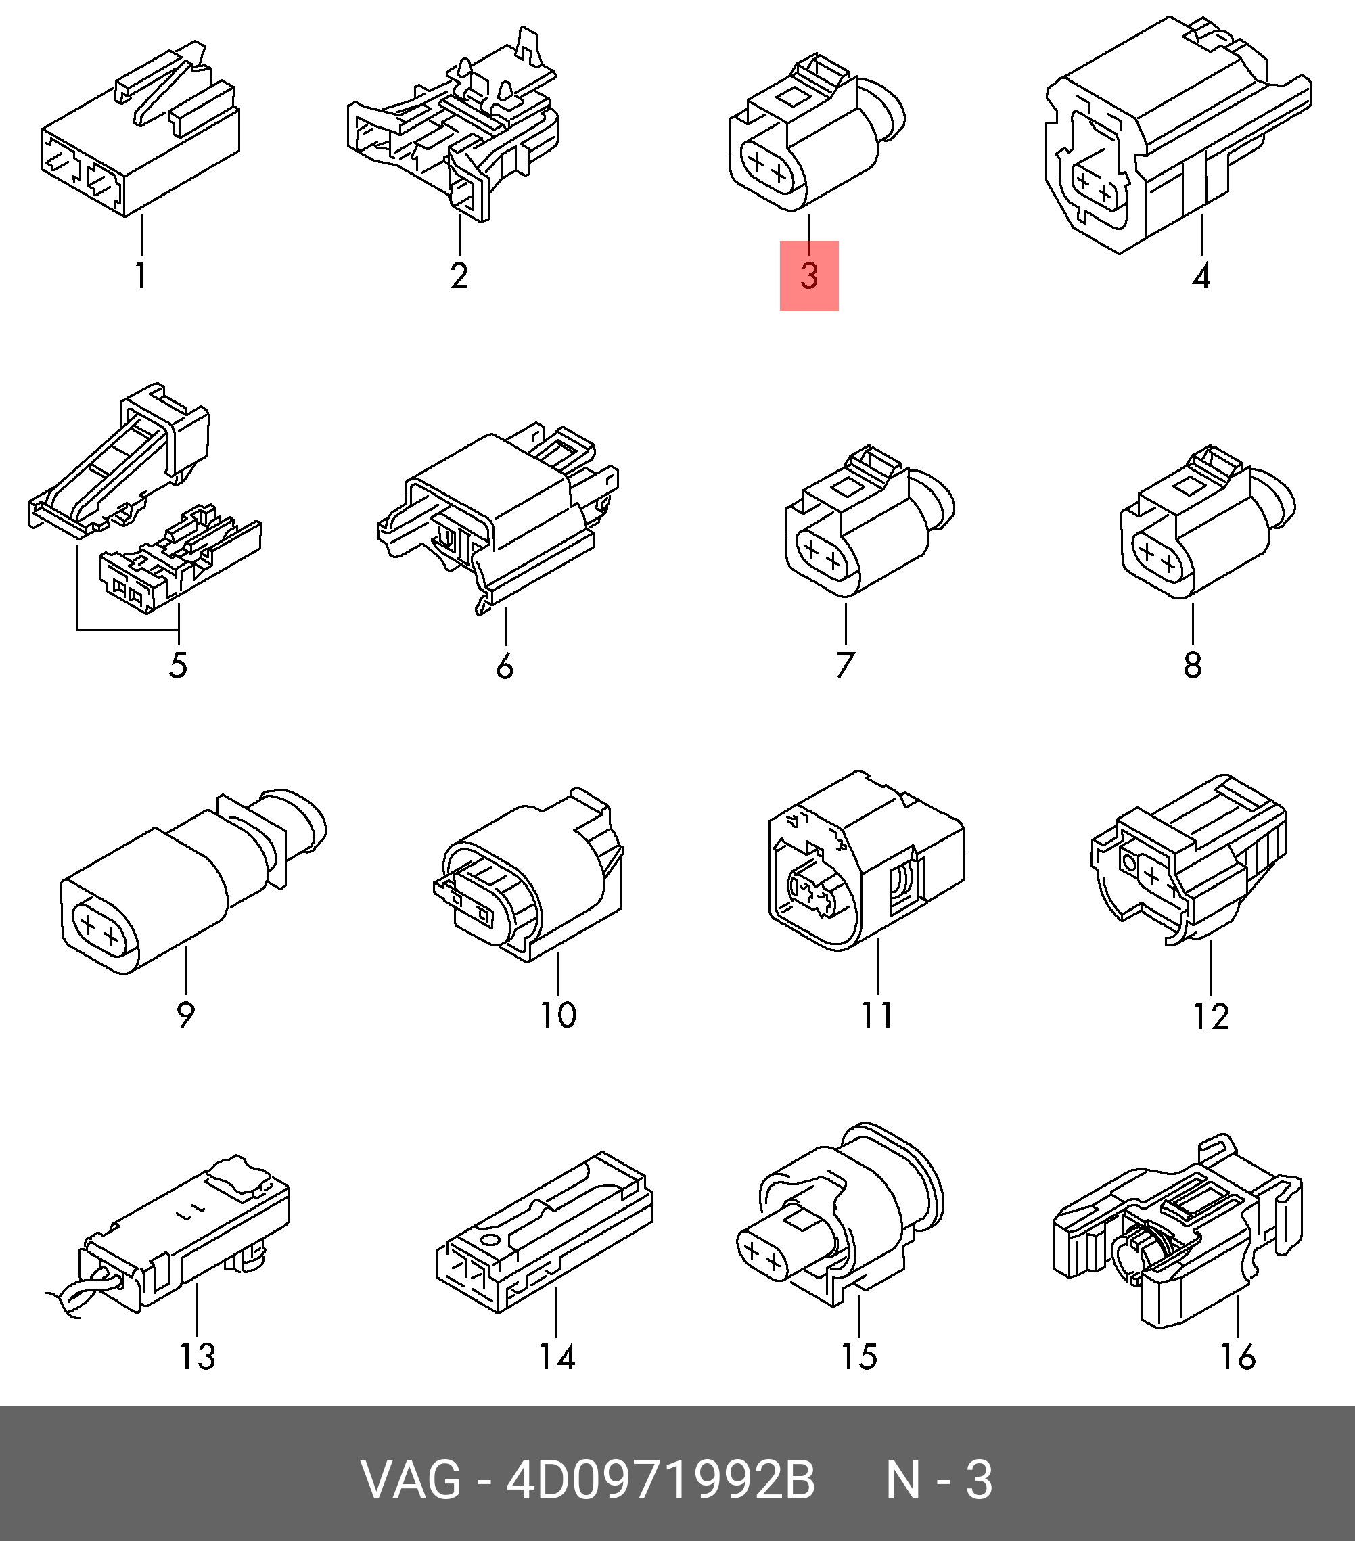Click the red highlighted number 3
pyautogui.click(x=809, y=275)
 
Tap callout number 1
pyautogui.click(x=141, y=275)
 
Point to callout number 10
pyautogui.click(x=558, y=1015)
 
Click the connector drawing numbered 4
pyautogui.click(x=1178, y=136)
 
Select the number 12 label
pyautogui.click(x=1211, y=1017)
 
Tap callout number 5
pyautogui.click(x=178, y=666)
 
